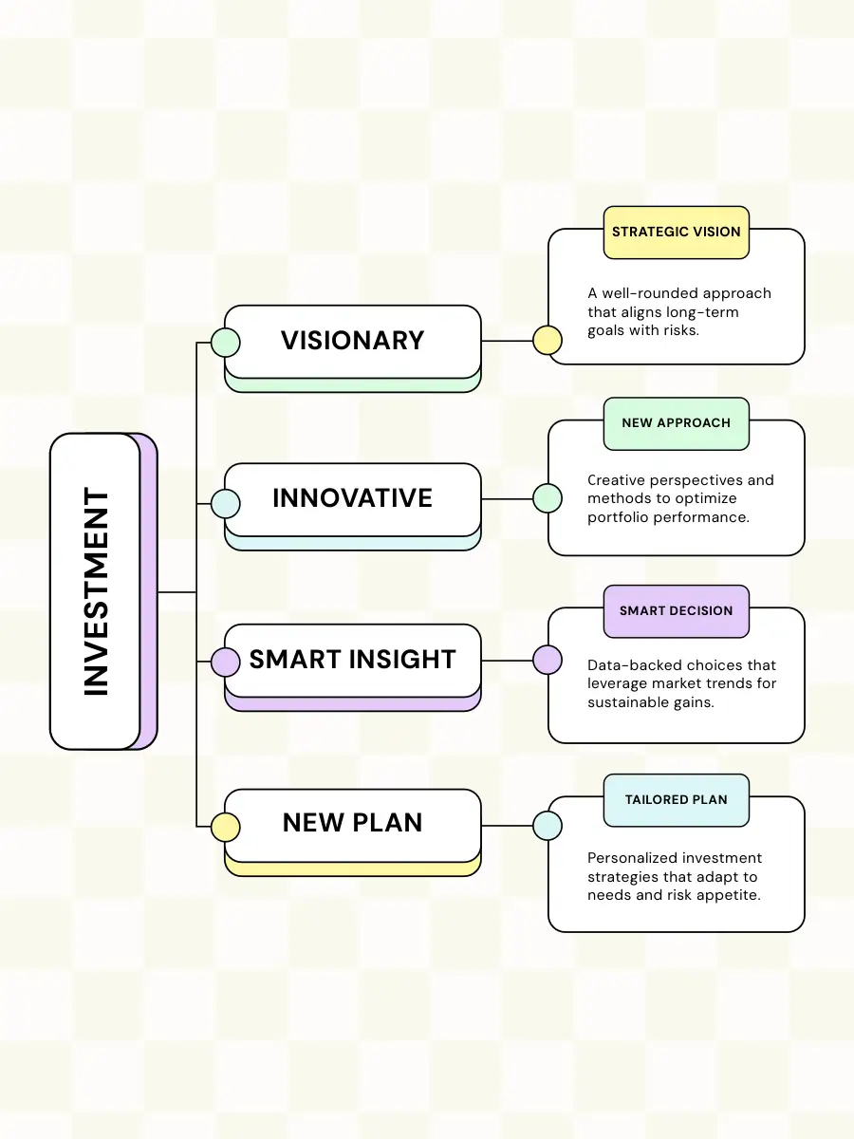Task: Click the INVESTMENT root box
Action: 96,591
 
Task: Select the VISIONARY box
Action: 353,341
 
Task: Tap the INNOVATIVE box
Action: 353,498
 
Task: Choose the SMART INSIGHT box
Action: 353,660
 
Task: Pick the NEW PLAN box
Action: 353,823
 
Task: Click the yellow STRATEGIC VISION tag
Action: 676,232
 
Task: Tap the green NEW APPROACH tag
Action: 676,422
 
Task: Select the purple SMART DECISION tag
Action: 676,610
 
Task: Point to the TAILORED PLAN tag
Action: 676,799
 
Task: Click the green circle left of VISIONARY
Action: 225,342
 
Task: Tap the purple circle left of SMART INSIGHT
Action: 225,662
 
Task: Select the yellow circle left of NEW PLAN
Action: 225,827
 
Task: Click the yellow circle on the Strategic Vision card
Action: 548,340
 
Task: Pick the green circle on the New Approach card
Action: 548,498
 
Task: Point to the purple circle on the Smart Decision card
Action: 548,660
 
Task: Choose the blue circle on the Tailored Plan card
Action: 548,825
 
